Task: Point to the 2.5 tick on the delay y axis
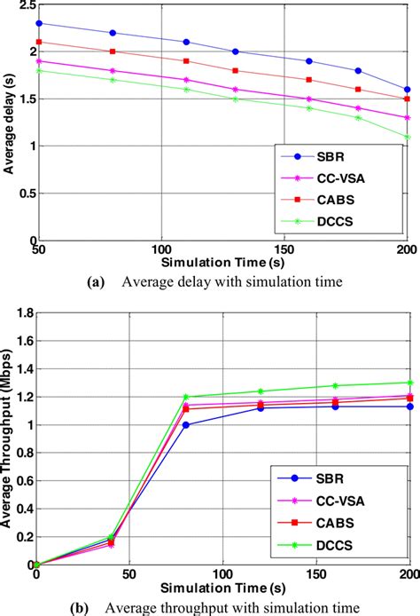(x=25, y=10)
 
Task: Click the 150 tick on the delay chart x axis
(x=284, y=249)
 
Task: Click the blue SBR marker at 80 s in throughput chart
(x=185, y=424)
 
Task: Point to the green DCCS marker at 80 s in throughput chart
(x=185, y=397)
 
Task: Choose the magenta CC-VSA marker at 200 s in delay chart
(x=407, y=117)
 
